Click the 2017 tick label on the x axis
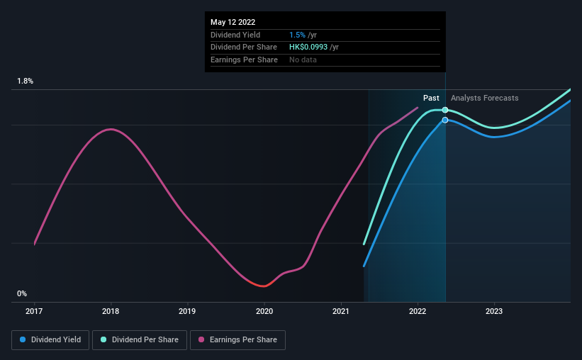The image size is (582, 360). pyautogui.click(x=34, y=311)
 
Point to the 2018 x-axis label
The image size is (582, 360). pyautogui.click(x=111, y=311)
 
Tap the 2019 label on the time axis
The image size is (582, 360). pyautogui.click(x=187, y=311)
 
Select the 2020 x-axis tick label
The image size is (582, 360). pyautogui.click(x=264, y=311)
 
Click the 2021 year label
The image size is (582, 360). pyautogui.click(x=341, y=311)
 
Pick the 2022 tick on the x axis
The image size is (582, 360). pyautogui.click(x=418, y=311)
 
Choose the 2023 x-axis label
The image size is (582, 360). pyautogui.click(x=494, y=311)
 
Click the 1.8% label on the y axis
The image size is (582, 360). pyautogui.click(x=26, y=81)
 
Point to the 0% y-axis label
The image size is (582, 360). pyautogui.click(x=22, y=293)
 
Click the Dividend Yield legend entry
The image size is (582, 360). pyautogui.click(x=50, y=340)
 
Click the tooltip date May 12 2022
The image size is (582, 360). pyautogui.click(x=233, y=22)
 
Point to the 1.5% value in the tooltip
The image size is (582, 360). pyautogui.click(x=297, y=35)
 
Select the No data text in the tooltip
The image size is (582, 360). pyautogui.click(x=303, y=60)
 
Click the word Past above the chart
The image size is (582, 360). pyautogui.click(x=431, y=98)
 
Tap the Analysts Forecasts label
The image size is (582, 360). pyautogui.click(x=484, y=98)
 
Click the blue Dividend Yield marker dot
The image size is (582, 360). pyautogui.click(x=445, y=120)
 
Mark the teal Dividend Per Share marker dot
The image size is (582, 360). pyautogui.click(x=445, y=110)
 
